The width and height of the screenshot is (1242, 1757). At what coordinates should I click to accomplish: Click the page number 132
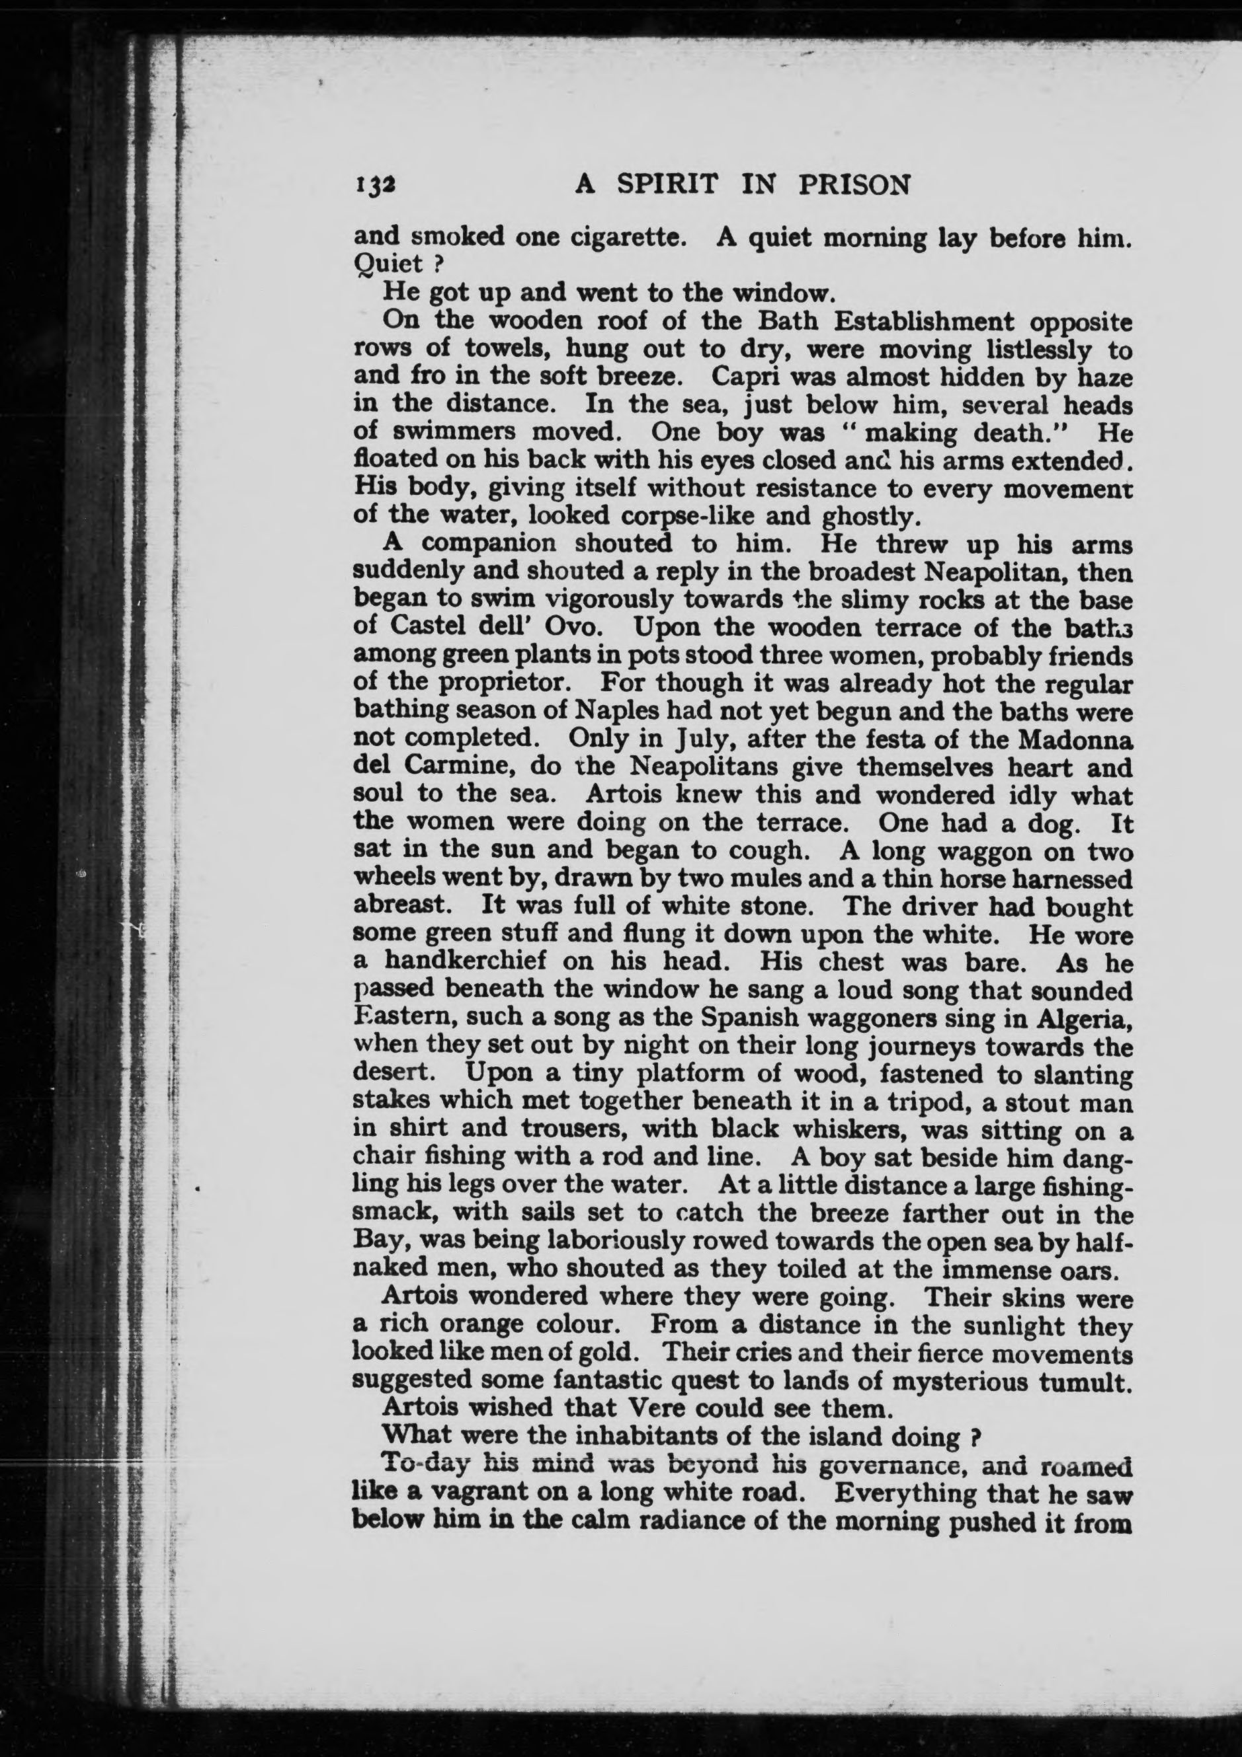pyautogui.click(x=374, y=186)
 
